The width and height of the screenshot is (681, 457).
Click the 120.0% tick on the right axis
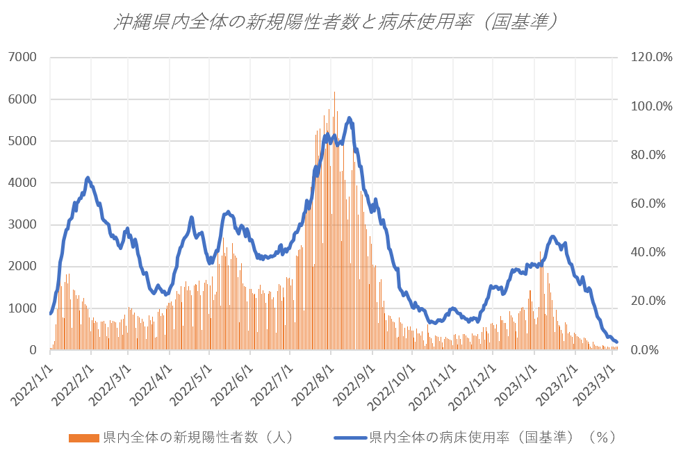[x=650, y=57]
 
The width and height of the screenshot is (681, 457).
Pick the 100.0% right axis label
[x=650, y=106]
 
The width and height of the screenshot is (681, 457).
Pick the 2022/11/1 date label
[x=434, y=382]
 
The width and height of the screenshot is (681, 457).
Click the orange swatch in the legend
[x=84, y=438]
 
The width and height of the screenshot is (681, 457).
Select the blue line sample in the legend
[x=350, y=438]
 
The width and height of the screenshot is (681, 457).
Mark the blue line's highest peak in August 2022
[x=349, y=118]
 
